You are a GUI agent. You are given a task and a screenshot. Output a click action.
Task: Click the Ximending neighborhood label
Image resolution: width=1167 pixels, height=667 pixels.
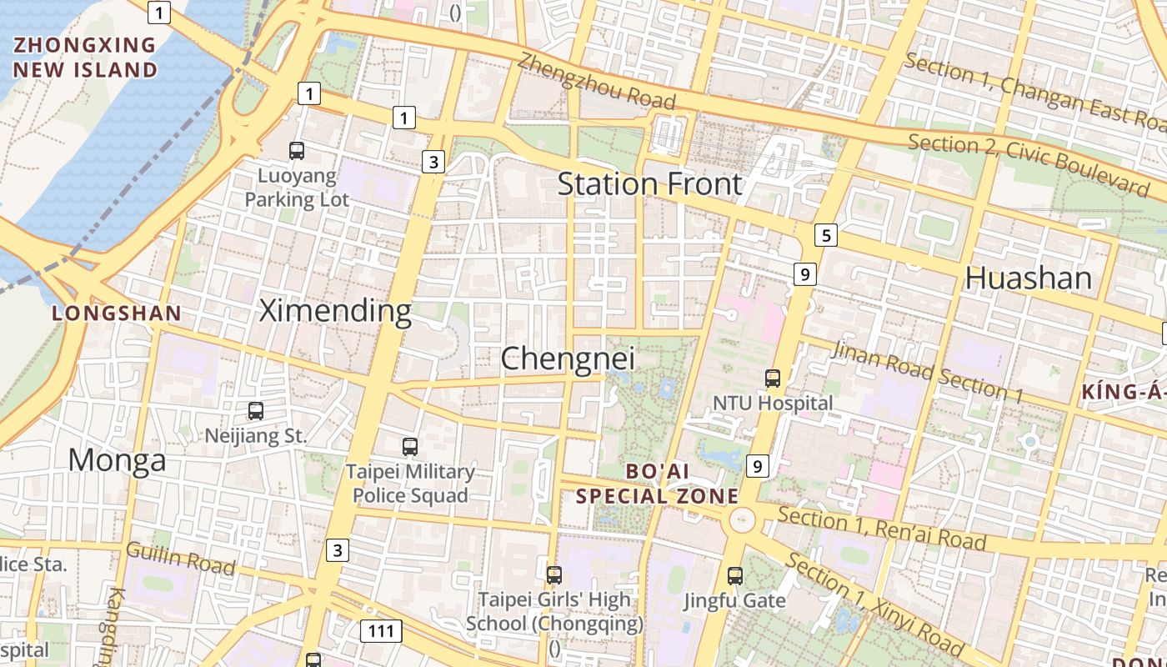[x=335, y=311]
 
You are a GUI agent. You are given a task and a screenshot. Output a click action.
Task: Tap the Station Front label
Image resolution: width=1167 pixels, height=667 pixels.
[x=649, y=183]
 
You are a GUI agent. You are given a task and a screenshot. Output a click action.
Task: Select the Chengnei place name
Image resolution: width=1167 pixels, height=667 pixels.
[x=568, y=359]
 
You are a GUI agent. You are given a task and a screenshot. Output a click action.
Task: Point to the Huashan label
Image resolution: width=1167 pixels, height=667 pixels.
[x=1028, y=278]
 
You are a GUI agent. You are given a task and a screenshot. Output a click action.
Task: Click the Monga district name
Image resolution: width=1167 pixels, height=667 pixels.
[x=117, y=460]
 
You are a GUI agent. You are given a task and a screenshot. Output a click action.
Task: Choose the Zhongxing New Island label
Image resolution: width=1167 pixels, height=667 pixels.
[x=85, y=57]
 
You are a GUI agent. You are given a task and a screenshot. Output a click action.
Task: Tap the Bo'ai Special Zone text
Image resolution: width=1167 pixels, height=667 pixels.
[x=657, y=484]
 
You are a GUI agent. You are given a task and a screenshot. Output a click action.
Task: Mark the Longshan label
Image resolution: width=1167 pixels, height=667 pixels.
[x=116, y=313]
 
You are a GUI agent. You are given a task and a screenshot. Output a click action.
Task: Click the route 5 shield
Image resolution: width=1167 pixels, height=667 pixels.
[x=825, y=235]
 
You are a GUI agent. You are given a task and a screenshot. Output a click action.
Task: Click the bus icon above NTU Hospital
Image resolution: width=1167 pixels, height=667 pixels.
[x=773, y=379]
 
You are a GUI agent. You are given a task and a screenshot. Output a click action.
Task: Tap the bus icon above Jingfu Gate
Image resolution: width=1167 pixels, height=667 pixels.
[x=734, y=575]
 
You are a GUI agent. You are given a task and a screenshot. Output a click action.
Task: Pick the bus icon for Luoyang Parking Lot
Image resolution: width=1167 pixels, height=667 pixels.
[x=296, y=151]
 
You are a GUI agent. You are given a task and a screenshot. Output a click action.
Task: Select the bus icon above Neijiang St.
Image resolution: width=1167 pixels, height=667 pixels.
[x=256, y=410]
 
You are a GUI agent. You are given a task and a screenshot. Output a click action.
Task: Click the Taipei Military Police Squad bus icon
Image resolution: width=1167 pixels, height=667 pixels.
[x=409, y=446]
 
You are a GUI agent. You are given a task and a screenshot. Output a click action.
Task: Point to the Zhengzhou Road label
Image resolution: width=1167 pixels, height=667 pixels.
[x=595, y=81]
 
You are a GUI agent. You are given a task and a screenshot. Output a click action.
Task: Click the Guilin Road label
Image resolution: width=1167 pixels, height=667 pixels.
[x=180, y=558]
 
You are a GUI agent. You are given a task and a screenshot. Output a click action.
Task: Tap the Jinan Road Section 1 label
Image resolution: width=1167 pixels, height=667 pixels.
[x=927, y=372]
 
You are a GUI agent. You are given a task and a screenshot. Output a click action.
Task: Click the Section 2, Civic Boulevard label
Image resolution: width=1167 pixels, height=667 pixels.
[x=1028, y=163]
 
